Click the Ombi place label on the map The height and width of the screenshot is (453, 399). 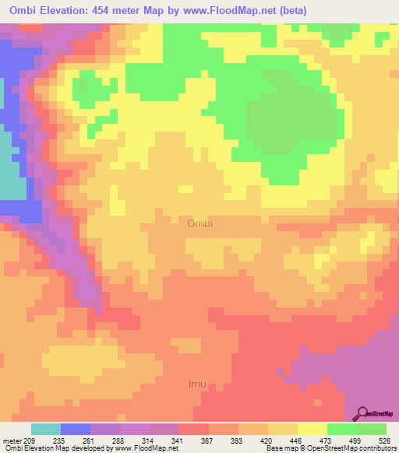[x=200, y=223]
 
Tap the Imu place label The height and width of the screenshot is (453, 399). [x=199, y=384]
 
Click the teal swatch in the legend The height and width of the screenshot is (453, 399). [x=46, y=430]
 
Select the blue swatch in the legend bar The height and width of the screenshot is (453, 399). [x=76, y=430]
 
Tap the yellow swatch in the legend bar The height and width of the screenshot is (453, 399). [x=312, y=430]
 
